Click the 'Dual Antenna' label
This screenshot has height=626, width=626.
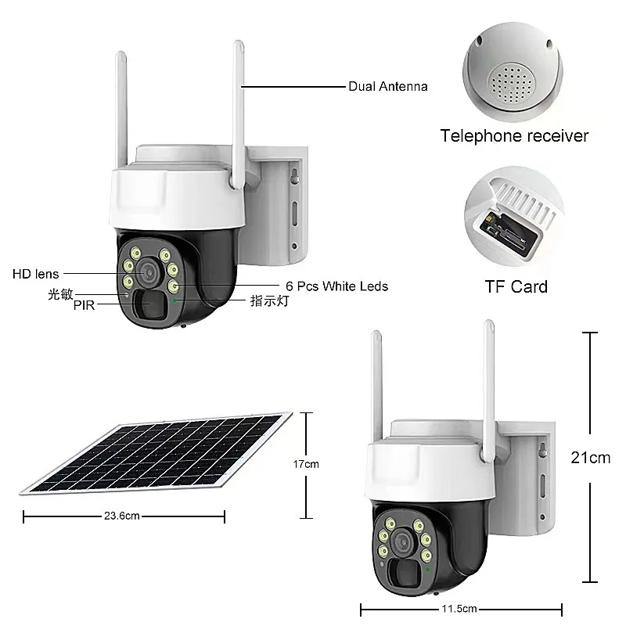387,87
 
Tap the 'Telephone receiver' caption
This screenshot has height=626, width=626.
514,136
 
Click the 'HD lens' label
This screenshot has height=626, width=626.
35,274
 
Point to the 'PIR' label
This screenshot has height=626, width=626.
84,306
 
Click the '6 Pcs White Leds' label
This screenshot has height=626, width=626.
332,286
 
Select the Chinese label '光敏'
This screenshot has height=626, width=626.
60,293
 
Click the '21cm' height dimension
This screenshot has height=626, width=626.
590,458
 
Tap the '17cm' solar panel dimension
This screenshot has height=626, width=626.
306,465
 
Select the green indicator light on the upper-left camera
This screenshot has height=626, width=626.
174,298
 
